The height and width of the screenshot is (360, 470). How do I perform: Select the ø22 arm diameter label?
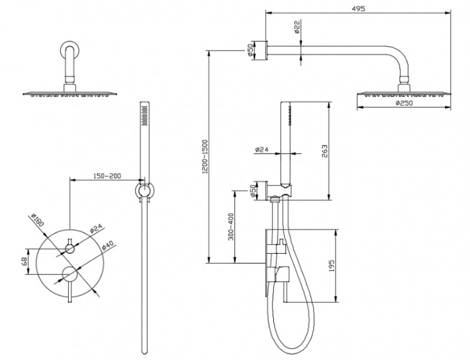[x=297, y=28]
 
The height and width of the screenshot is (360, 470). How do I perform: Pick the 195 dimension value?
[x=332, y=266]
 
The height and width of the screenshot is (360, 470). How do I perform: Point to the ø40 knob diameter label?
[x=105, y=245]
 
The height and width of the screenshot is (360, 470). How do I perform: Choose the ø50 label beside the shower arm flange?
[x=250, y=51]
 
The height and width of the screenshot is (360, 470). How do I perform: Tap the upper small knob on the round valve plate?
[x=70, y=249]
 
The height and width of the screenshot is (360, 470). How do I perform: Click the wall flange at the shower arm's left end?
[x=266, y=49]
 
